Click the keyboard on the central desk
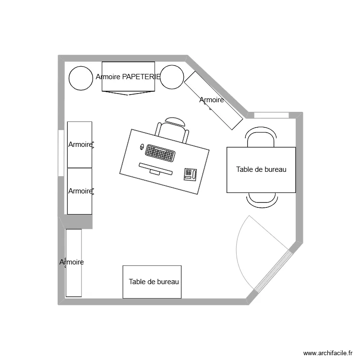click(x=160, y=153)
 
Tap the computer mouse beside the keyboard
click(x=142, y=146)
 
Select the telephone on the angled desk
click(x=190, y=174)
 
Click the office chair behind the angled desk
click(x=172, y=130)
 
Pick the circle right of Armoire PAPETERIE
click(x=172, y=77)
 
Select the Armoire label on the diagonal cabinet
click(x=212, y=100)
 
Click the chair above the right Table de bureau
click(x=261, y=137)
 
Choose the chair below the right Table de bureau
click(x=262, y=198)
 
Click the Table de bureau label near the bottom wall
click(x=154, y=282)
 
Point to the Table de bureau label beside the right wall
click(x=261, y=169)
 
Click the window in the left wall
click(x=60, y=153)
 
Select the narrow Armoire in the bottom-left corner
click(x=73, y=263)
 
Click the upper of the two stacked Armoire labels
click(x=80, y=144)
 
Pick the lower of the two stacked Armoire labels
click(x=80, y=191)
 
